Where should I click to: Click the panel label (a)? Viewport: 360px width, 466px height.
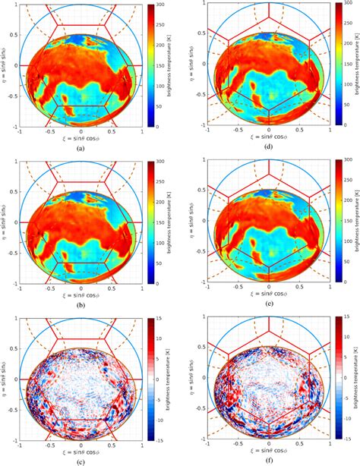(x=80, y=150)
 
